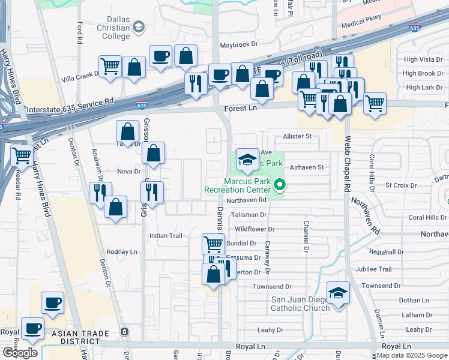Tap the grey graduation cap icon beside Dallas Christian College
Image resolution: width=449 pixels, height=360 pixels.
click(x=139, y=26)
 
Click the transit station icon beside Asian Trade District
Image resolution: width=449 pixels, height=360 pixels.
click(x=124, y=332)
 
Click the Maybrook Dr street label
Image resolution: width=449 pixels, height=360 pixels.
click(x=238, y=44)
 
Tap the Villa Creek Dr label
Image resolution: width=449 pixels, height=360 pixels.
click(x=79, y=76)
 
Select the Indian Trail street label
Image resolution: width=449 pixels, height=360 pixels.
click(x=166, y=236)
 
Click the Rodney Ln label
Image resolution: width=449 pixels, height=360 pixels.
click(x=122, y=252)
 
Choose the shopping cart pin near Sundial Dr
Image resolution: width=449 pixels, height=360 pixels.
click(x=213, y=244)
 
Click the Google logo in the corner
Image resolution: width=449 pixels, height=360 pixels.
click(x=20, y=353)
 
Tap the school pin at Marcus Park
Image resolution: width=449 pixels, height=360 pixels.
click(x=246, y=160)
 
